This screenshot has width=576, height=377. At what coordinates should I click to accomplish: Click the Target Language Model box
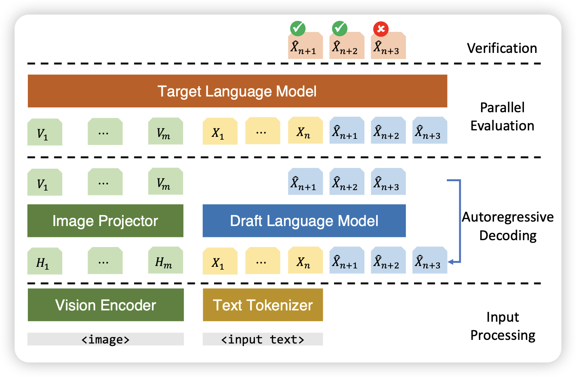pos(237,91)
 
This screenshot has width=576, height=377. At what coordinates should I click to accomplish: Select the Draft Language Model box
pos(304,221)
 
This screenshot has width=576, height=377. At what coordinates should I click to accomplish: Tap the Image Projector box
pos(105,221)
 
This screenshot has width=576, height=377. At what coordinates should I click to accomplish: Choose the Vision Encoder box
pos(105,305)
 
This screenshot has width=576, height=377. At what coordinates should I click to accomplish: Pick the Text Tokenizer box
pos(263,305)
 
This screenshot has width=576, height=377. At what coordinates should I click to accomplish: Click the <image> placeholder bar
pos(105,339)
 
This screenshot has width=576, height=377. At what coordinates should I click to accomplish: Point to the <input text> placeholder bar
pos(263,339)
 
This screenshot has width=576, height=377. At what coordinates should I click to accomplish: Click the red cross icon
pos(380,29)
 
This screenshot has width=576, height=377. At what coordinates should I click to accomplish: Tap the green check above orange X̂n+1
pos(298,29)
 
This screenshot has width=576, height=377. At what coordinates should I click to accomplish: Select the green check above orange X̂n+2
pos(339,29)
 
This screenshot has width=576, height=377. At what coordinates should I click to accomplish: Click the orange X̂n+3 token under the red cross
pos(388,47)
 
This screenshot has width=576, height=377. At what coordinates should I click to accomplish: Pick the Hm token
pos(165,262)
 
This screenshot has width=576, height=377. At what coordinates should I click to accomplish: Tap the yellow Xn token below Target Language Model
pos(305,131)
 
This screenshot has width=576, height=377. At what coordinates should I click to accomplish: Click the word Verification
pos(502,48)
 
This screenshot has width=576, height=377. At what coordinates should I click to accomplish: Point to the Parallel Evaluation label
pos(502,117)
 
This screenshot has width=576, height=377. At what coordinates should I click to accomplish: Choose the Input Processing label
pos(502,326)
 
